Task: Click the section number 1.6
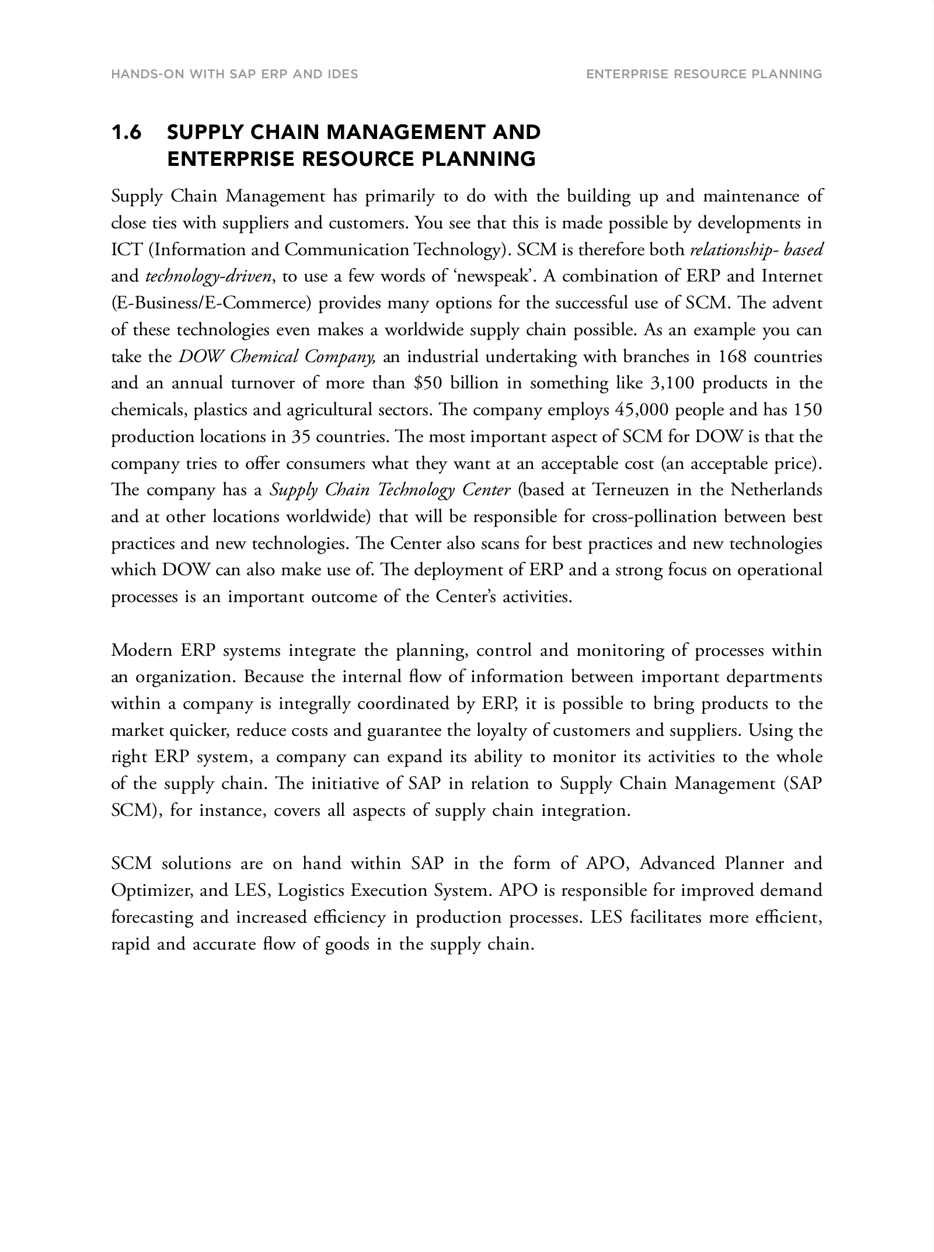point(126,133)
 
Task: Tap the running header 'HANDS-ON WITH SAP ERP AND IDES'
point(234,74)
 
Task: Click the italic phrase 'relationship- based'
point(756,250)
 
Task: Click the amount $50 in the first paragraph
point(427,384)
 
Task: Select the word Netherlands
point(776,490)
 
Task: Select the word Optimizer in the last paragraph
point(149,891)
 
